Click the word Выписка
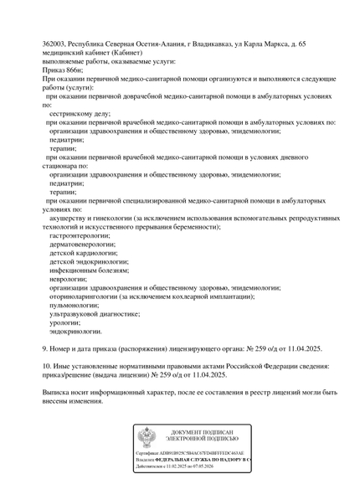[58, 415]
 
